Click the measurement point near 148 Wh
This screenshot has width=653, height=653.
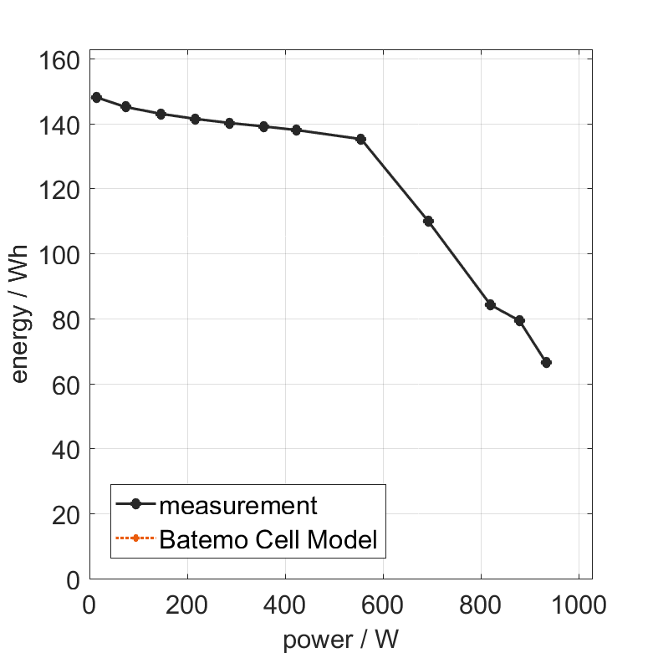(96, 97)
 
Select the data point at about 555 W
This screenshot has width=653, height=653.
(361, 139)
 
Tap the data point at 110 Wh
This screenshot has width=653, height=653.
(428, 221)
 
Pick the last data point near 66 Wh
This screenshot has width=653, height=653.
(546, 362)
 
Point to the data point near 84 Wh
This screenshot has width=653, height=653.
(490, 304)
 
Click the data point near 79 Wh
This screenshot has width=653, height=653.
(519, 320)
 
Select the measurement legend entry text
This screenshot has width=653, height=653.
(238, 505)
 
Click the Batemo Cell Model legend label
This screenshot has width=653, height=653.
(268, 539)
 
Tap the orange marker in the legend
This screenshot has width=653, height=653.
(135, 539)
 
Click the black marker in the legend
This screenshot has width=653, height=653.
(135, 504)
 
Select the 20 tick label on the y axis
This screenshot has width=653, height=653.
(67, 515)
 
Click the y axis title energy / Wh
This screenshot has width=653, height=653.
(20, 314)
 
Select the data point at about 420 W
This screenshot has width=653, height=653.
(296, 130)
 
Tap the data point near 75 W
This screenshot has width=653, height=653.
(125, 106)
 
